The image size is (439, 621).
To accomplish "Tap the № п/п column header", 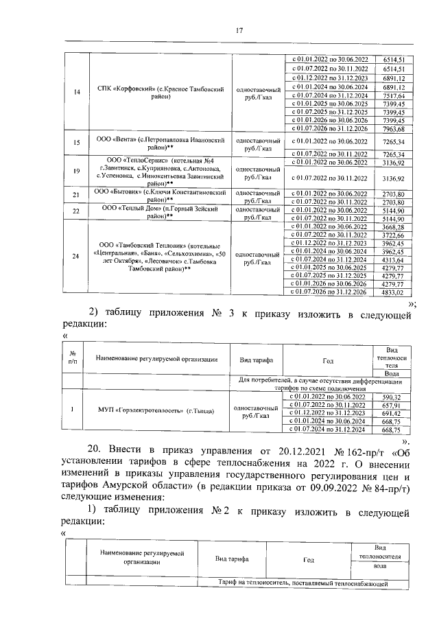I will coord(72,356).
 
